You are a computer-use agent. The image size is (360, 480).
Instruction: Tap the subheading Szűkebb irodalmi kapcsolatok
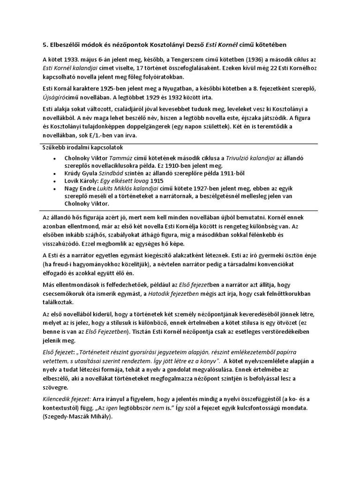(x=80, y=149)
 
